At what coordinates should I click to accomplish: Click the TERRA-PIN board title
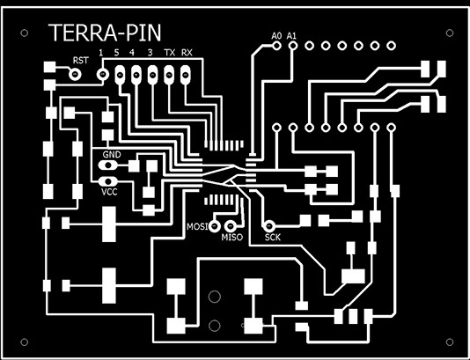point(105,33)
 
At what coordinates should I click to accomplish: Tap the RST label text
point(81,61)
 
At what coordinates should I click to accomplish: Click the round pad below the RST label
point(75,74)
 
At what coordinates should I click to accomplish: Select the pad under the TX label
point(169,75)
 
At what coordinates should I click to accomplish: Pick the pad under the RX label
point(186,75)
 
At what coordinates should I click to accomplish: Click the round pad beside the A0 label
point(276,46)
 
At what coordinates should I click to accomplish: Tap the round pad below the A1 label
point(293,46)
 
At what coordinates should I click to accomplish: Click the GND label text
point(112,155)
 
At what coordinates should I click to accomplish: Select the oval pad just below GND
point(107,165)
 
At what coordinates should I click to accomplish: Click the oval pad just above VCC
point(107,180)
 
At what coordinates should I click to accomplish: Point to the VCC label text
point(109,192)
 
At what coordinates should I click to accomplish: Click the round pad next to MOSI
point(215,225)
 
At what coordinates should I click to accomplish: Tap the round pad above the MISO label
point(231,225)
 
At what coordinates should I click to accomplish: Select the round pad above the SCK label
point(268,225)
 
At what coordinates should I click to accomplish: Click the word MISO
point(231,238)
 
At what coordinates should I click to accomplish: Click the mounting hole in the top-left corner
point(25,33)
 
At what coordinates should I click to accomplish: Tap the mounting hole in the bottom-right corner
point(450,342)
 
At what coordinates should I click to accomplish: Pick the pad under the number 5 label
point(120,75)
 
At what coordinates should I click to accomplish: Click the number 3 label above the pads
point(151,53)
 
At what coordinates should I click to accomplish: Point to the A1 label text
point(291,36)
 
